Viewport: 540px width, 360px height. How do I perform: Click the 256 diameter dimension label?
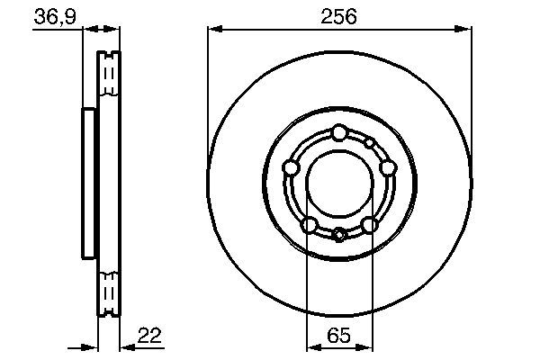tap(339, 16)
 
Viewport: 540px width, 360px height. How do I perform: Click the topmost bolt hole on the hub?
tap(338, 133)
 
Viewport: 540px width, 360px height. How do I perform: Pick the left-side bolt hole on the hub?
tap(291, 167)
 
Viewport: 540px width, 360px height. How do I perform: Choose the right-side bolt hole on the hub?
tap(387, 167)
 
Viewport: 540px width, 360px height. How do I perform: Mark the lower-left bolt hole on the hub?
tap(309, 224)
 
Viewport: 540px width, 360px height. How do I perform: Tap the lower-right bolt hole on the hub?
tap(369, 224)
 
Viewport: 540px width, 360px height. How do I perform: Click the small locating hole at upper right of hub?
tap(369, 143)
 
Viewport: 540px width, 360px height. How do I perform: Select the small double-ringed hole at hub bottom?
tap(338, 236)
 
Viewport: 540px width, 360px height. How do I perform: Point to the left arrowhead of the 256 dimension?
tap(213, 30)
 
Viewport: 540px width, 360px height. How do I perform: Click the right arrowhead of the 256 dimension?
tap(466, 30)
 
